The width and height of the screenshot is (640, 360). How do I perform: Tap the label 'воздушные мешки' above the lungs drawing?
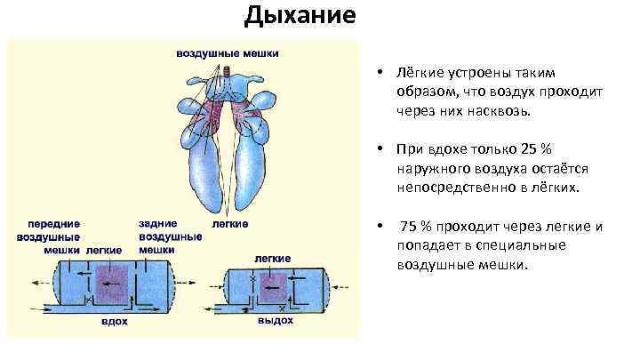point(227,53)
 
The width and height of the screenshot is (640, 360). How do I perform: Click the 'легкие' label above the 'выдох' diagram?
point(274,257)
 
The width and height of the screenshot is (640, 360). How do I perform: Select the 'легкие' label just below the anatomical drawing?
point(230,224)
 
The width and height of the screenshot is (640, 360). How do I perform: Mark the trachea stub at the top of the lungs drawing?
point(226,70)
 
